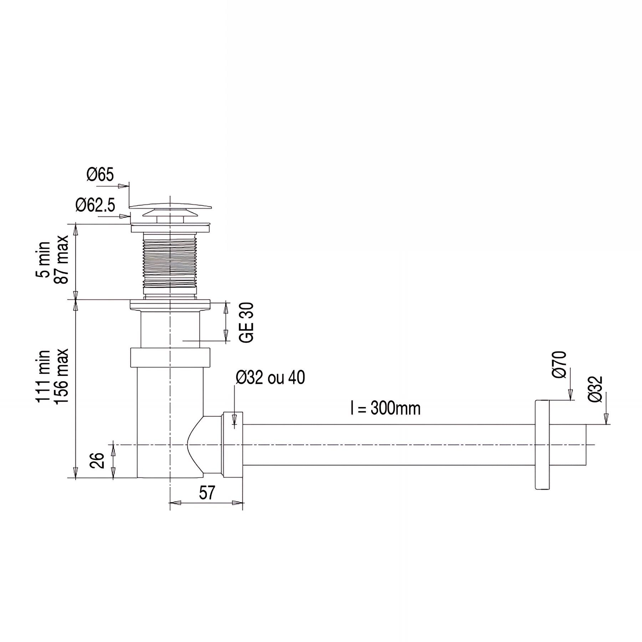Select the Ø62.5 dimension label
coord(95,205)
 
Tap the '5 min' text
coord(45,259)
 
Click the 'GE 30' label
coord(246,322)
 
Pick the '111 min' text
coord(44,377)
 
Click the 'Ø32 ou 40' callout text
coord(270,378)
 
